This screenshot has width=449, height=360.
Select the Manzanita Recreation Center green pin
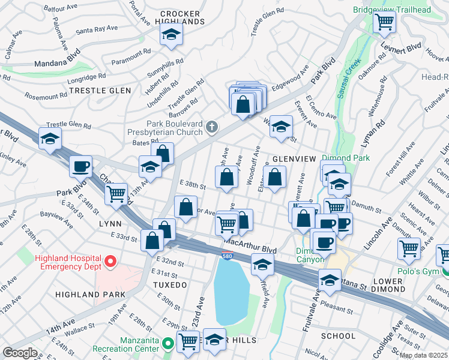[169, 344]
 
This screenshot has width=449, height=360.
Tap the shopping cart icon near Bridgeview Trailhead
[384, 23]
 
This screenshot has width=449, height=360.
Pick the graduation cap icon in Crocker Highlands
[172, 35]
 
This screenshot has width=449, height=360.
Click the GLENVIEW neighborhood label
[294, 158]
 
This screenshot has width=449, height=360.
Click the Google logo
[20, 353]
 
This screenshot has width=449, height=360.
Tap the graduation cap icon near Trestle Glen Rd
[49, 139]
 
